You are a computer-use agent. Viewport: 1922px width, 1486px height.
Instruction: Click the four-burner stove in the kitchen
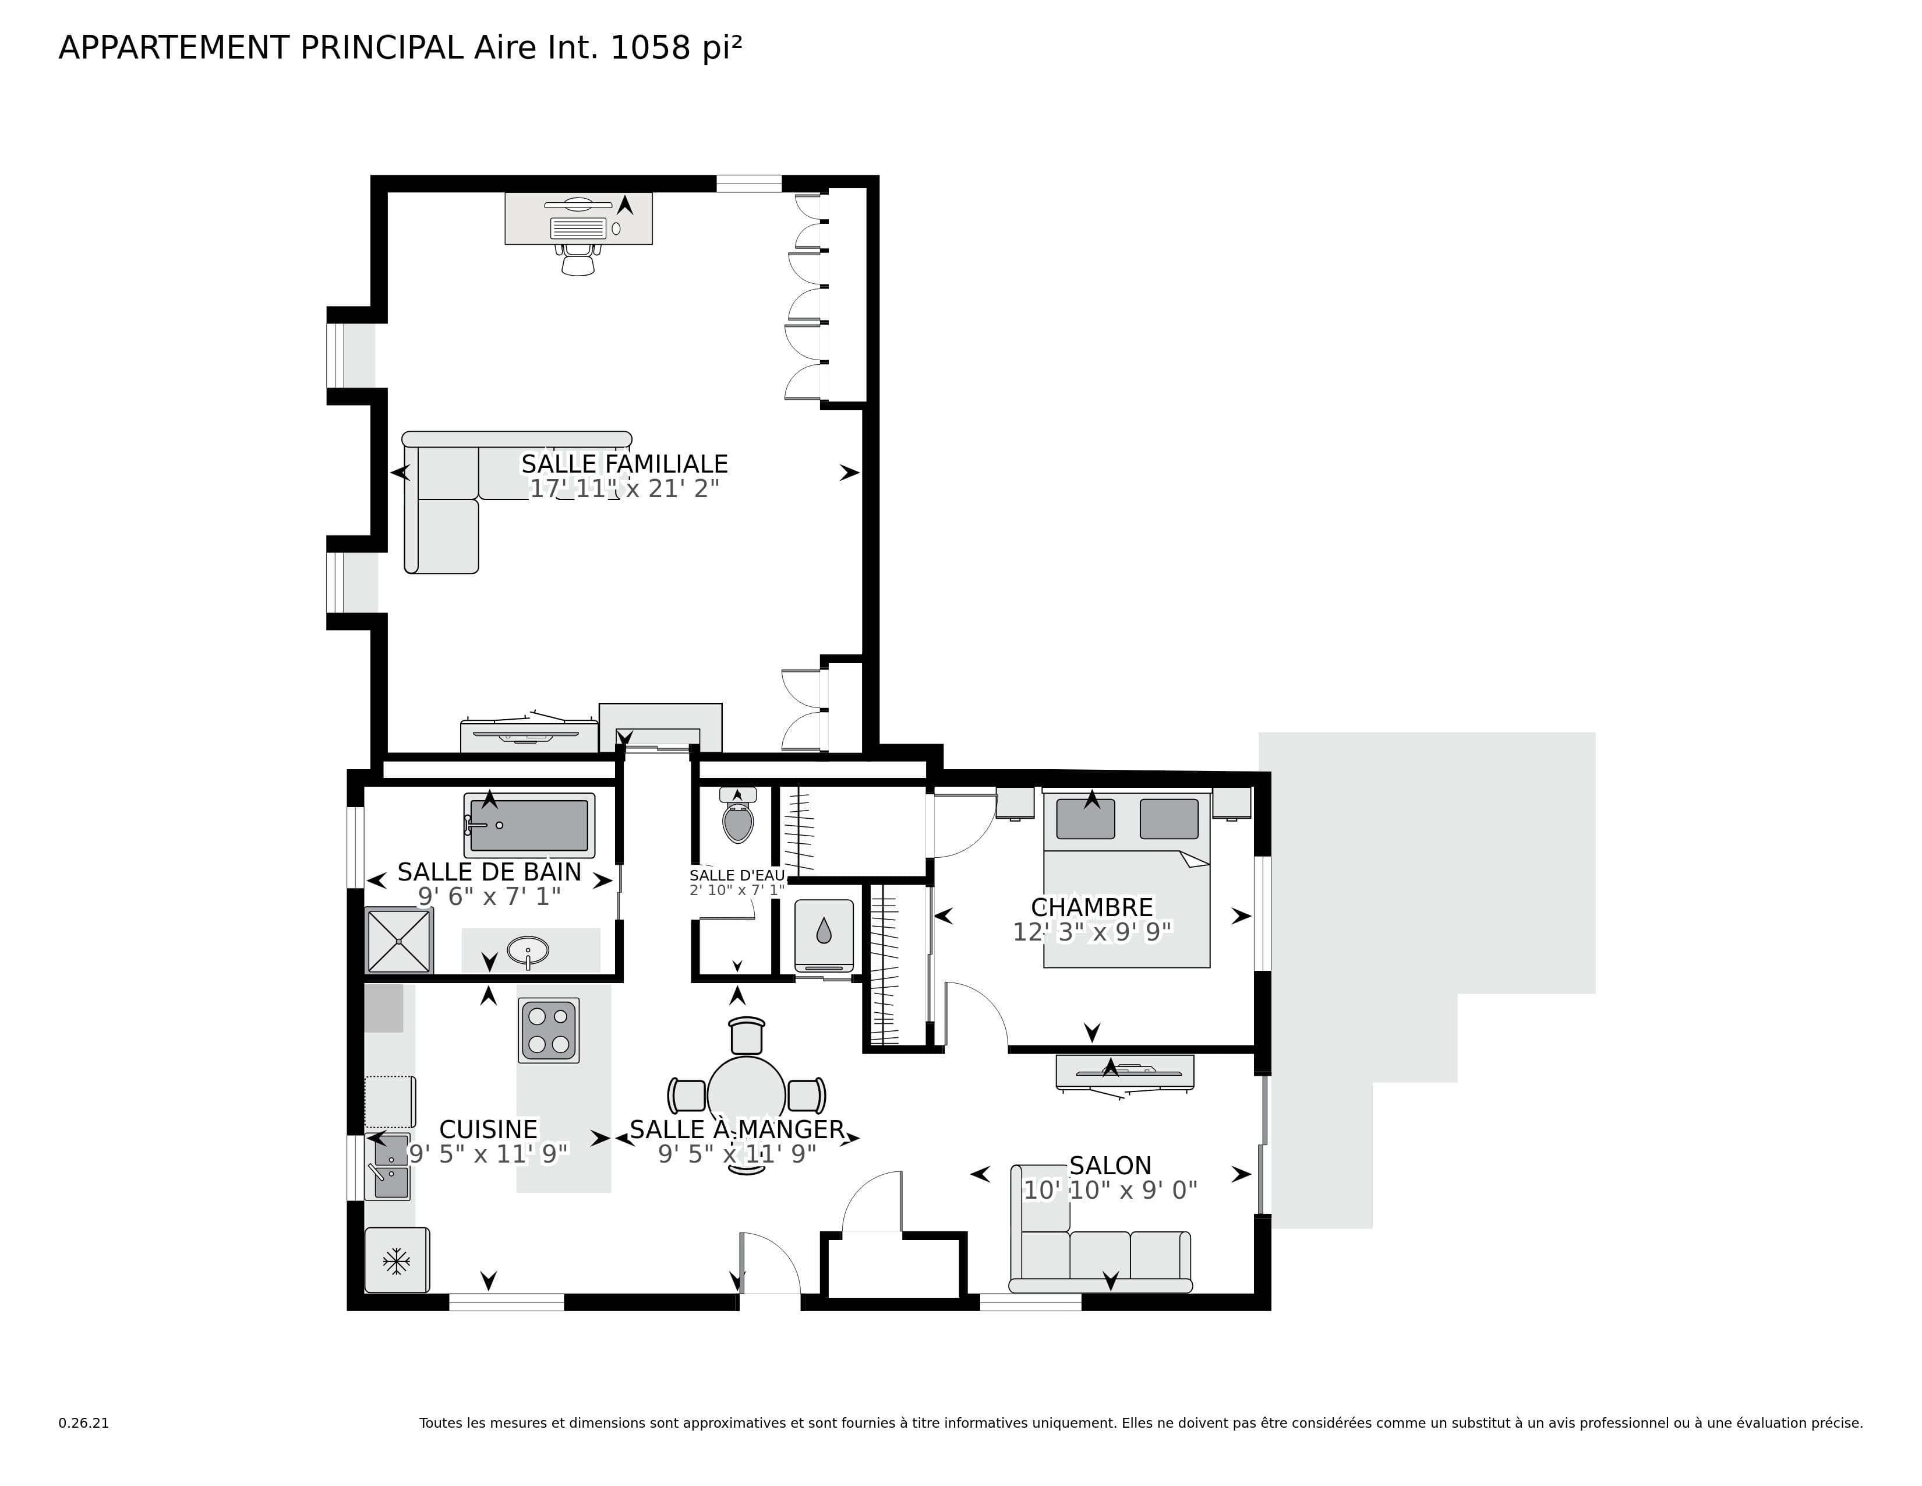click(x=548, y=1030)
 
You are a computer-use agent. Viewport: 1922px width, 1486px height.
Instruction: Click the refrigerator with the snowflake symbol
click(x=397, y=1260)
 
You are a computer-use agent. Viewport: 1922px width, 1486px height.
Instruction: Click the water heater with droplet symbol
click(x=824, y=932)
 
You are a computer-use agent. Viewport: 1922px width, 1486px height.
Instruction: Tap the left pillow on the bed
click(x=1085, y=819)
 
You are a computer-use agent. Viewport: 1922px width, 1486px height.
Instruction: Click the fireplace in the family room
click(x=660, y=729)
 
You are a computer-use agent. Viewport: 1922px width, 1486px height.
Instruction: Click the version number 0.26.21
click(x=84, y=1422)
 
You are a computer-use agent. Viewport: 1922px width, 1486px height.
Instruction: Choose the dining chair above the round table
click(x=747, y=1036)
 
